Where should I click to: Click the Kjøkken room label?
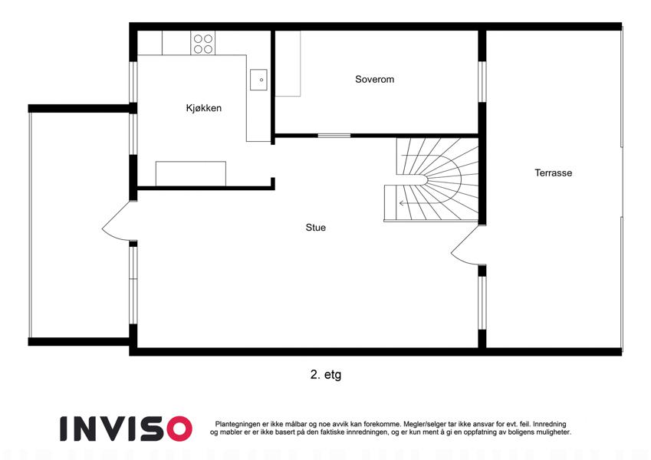[203, 108]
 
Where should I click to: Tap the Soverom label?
[374, 79]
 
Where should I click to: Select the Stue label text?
[316, 228]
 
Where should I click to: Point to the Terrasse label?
[553, 172]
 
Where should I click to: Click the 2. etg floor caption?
[325, 375]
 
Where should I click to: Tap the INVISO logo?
[126, 429]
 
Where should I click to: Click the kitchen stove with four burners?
[203, 43]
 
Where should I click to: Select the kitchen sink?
[258, 80]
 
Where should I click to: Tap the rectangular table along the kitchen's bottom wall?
[191, 173]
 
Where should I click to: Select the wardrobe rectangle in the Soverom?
[288, 64]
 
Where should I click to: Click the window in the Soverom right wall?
[482, 82]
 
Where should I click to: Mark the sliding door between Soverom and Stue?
[334, 136]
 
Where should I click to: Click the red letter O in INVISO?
[179, 429]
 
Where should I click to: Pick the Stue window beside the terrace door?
[482, 303]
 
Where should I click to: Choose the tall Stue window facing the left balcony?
[133, 285]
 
